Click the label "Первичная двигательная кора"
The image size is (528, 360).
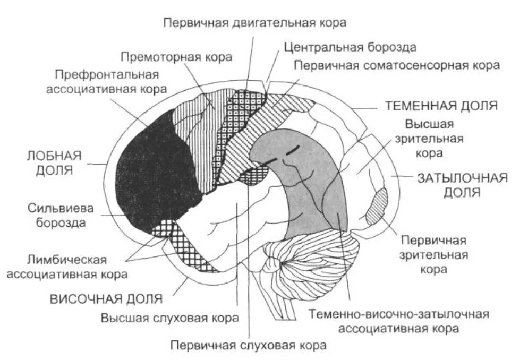[x=254, y=23]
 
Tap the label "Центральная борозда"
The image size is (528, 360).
[x=350, y=47]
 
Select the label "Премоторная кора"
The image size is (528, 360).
[x=176, y=57]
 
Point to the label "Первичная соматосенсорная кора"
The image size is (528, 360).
[x=397, y=65]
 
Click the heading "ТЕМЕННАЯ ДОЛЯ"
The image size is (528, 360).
[x=441, y=105]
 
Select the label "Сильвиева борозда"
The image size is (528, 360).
[x=61, y=215]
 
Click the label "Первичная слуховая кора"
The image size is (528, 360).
[x=248, y=345]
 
